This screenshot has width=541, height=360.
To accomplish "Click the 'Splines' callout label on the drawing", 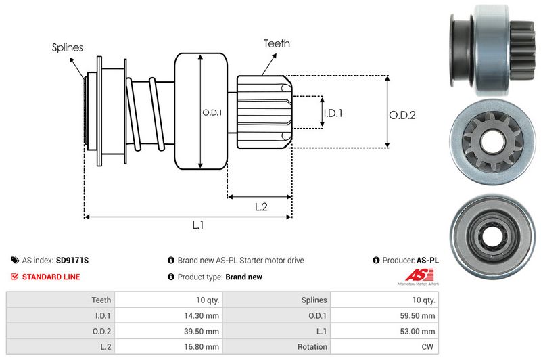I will point(68,47).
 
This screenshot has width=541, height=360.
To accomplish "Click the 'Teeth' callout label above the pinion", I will point(277,43).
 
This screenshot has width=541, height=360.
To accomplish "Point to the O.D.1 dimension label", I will point(212,112).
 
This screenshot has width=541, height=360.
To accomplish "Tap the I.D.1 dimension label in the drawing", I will point(333,114).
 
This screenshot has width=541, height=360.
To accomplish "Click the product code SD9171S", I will point(73,260).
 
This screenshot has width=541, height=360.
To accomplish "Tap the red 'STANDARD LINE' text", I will point(51,277).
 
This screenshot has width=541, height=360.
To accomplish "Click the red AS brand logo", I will point(413,275).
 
